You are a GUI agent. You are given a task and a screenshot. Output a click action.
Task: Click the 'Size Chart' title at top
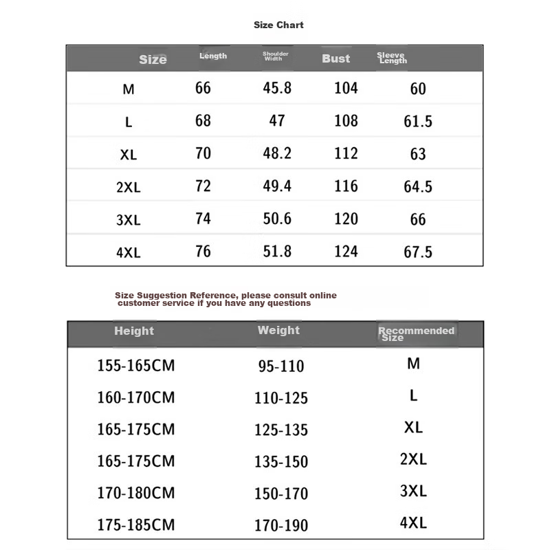click(x=278, y=25)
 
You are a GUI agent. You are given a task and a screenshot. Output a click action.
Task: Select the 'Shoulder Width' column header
click(x=276, y=56)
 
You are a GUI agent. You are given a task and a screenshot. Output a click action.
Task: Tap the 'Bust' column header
click(x=335, y=58)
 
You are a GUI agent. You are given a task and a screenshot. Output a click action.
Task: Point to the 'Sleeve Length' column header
click(x=392, y=58)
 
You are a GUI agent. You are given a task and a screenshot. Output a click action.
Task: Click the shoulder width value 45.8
click(x=277, y=88)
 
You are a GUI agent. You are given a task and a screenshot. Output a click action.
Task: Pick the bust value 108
click(x=346, y=121)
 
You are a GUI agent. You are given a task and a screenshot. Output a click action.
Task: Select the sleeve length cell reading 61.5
click(x=418, y=122)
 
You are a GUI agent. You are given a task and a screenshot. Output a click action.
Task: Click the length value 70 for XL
click(x=203, y=153)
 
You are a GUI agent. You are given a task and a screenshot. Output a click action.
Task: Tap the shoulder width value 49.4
click(x=277, y=186)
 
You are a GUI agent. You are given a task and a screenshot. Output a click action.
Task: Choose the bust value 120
click(x=346, y=219)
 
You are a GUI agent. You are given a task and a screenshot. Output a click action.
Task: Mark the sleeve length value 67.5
click(x=418, y=252)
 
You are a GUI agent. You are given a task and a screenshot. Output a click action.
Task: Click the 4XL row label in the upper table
click(x=129, y=253)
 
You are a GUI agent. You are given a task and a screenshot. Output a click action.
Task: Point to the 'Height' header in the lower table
click(x=134, y=331)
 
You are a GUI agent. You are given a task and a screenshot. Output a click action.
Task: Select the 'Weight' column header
click(x=278, y=330)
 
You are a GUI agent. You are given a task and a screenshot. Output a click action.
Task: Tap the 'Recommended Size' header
click(x=416, y=333)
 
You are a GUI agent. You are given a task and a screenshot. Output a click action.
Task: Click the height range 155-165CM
click(x=136, y=366)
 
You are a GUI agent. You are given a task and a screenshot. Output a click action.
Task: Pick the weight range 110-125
click(x=283, y=398)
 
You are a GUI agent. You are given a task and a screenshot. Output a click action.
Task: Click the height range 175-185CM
click(x=136, y=525)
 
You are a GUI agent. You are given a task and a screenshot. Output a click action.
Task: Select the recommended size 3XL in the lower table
click(x=413, y=492)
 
